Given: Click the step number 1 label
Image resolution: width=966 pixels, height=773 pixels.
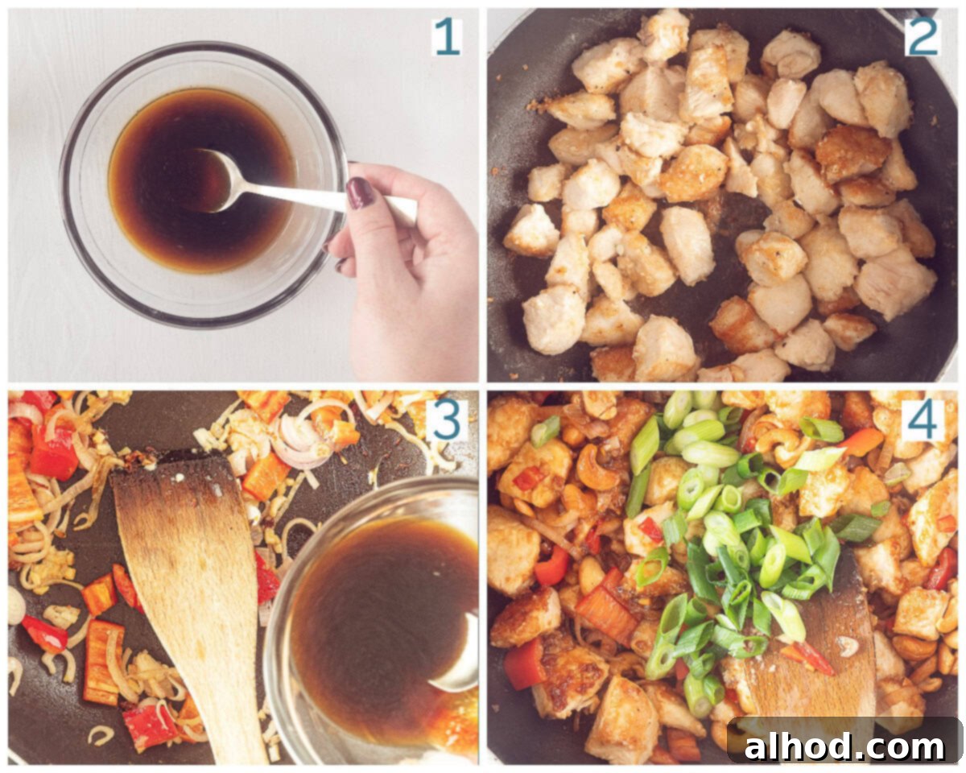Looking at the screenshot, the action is coord(447,37).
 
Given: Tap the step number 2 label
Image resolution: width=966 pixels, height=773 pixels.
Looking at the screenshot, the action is coord(923,37).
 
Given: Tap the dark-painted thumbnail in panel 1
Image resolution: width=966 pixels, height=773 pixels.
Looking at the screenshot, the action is coord(360,192).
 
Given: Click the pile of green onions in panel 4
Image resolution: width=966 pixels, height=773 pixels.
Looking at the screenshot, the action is coord(736,539).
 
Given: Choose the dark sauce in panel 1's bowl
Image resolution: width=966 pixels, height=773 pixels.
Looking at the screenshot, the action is coord(202,180).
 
